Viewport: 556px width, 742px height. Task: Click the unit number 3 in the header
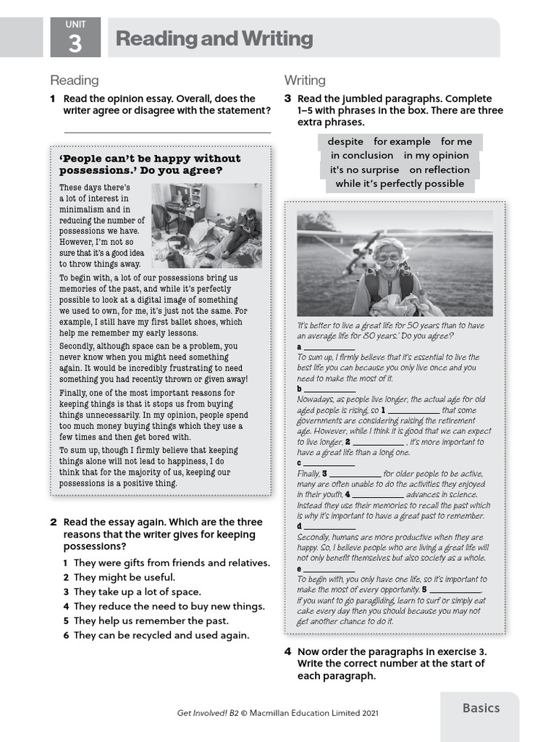75,45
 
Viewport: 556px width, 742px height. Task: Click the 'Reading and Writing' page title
214,39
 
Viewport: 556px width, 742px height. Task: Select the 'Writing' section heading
305,80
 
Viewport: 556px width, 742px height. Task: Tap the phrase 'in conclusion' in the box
362,155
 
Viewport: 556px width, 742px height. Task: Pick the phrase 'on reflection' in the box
439,170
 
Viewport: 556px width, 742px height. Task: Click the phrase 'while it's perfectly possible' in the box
400,183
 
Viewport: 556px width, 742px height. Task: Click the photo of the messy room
206,225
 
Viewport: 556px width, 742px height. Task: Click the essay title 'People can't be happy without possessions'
150,164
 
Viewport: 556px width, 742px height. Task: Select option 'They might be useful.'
125,578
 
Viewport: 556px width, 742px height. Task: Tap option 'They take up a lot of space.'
138,592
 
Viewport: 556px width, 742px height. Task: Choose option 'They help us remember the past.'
151,621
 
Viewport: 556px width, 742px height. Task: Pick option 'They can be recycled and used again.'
161,635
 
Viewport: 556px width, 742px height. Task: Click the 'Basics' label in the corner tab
481,708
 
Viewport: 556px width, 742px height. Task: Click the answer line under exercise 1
167,132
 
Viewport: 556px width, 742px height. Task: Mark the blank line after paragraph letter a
329,349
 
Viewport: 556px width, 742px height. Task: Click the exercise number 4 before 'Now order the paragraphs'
287,651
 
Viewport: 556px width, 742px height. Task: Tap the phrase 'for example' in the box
402,141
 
